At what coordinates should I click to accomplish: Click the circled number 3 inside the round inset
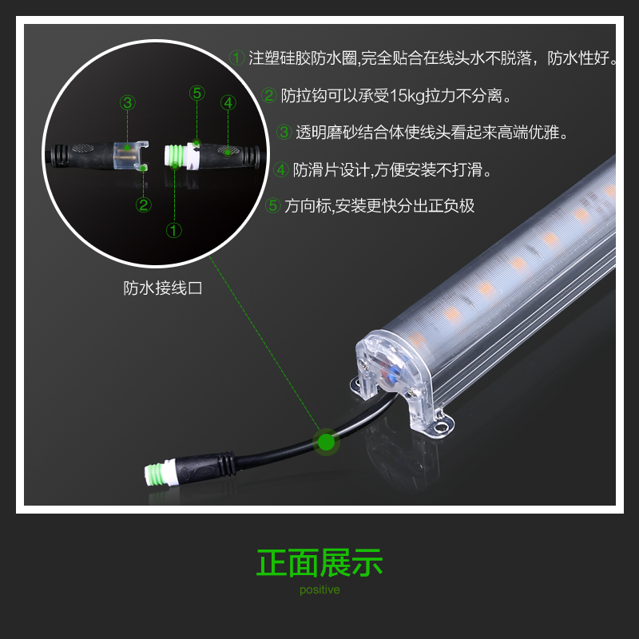(128, 102)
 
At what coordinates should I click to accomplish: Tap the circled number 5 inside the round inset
(196, 93)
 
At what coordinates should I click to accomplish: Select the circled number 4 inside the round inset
(228, 102)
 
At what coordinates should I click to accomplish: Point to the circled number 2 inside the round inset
(144, 204)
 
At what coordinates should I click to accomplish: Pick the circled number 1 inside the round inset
(174, 230)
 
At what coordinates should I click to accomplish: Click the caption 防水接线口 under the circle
(163, 288)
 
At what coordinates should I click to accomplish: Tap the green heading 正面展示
(319, 563)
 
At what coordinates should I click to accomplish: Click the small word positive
(319, 589)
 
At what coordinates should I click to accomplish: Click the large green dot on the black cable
(326, 442)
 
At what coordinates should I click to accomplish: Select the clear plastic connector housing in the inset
(130, 156)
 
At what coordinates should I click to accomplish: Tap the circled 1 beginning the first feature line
(236, 58)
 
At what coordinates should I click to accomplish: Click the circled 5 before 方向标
(272, 205)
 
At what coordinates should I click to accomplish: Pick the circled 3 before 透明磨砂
(284, 132)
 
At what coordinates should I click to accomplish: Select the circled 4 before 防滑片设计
(281, 169)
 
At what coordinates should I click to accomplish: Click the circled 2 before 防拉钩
(269, 95)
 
